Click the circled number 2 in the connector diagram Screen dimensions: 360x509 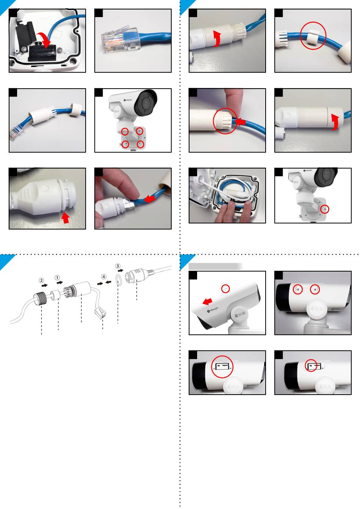[x=41, y=281]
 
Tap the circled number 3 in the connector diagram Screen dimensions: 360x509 [x=118, y=266]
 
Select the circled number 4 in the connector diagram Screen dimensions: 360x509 [x=103, y=277]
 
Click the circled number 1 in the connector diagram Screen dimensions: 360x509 [x=58, y=278]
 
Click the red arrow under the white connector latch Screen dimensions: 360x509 [x=66, y=218]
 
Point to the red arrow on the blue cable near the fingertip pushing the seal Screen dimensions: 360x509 [x=241, y=121]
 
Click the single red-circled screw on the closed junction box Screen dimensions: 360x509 [x=323, y=209]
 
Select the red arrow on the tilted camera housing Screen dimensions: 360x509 [x=207, y=301]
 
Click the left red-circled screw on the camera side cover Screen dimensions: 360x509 [x=298, y=290]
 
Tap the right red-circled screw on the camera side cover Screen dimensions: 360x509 [x=315, y=290]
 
